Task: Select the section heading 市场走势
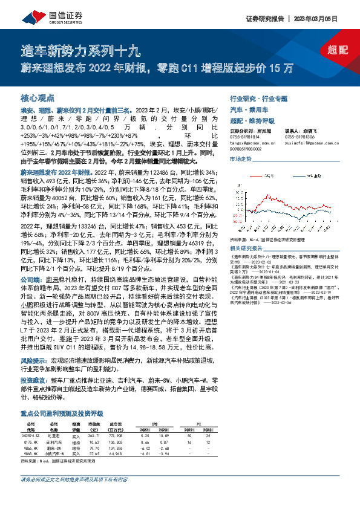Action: (240, 158)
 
